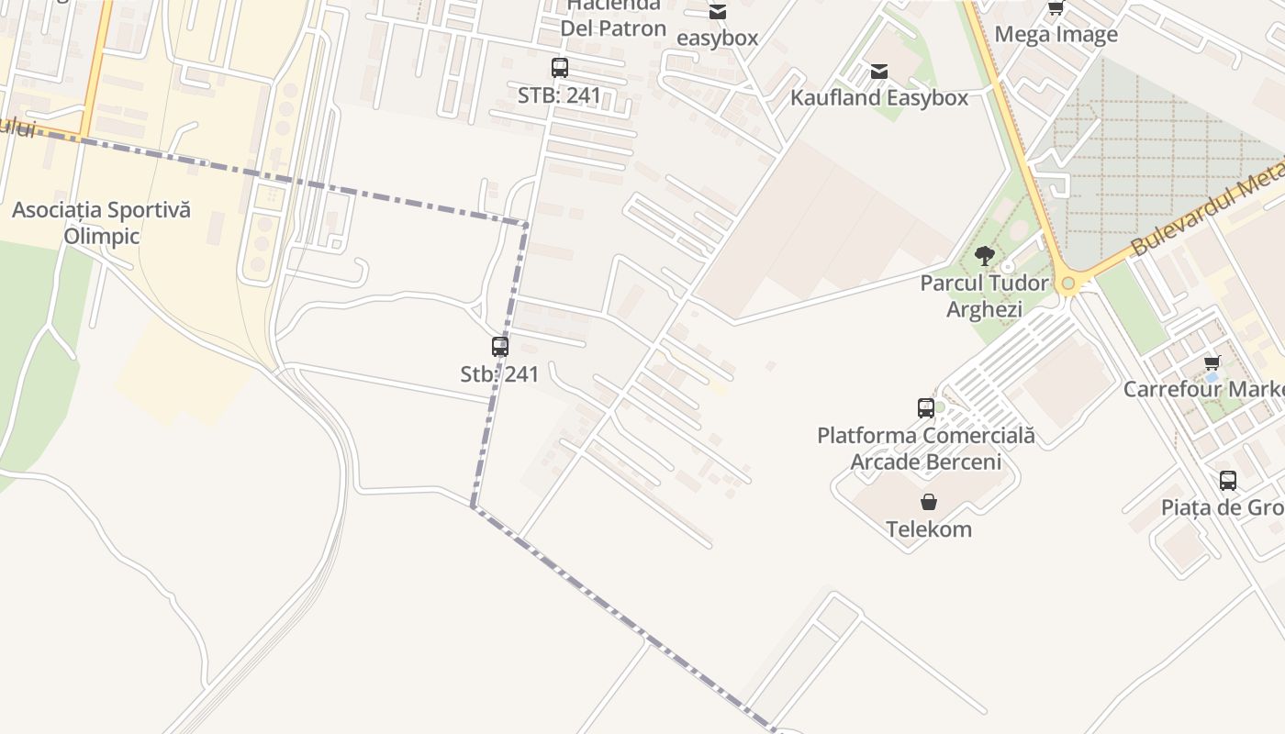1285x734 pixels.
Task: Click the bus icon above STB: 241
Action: [560, 68]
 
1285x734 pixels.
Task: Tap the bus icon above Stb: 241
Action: [500, 347]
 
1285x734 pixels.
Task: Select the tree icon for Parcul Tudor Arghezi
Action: [985, 256]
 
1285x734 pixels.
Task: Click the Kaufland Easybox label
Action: [879, 97]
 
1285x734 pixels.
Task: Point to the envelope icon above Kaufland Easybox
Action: [879, 72]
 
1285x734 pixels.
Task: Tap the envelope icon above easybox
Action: [718, 12]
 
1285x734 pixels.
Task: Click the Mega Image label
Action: [1056, 35]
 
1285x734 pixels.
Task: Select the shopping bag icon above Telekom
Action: [929, 502]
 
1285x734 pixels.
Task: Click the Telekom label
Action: [929, 528]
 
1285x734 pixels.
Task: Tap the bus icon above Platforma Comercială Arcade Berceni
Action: [926, 408]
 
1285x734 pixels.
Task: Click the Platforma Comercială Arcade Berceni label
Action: [926, 448]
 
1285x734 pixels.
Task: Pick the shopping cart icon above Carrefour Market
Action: [1212, 362]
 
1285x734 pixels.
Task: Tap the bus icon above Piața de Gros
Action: [1228, 481]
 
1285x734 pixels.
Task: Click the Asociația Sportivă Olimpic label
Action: [101, 223]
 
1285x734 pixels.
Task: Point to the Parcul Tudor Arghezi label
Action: [984, 295]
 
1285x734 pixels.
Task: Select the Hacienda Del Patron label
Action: [613, 18]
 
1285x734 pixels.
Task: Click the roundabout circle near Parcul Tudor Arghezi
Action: [1067, 284]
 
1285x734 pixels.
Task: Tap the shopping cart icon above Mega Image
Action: [1056, 8]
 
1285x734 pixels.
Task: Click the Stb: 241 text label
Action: [499, 374]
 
